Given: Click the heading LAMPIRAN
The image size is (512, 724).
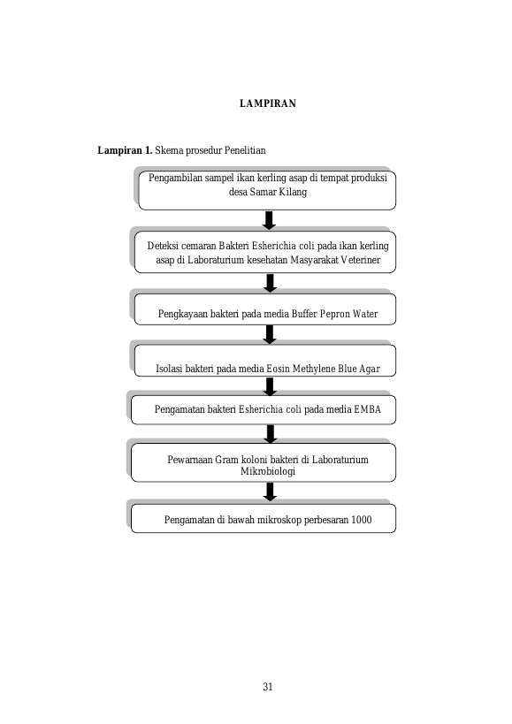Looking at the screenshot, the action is pyautogui.click(x=268, y=103).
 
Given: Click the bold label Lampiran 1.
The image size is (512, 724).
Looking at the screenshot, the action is pyautogui.click(x=125, y=150).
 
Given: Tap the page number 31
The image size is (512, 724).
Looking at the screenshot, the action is pyautogui.click(x=268, y=687).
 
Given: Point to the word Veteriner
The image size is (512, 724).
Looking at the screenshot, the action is pyautogui.click(x=361, y=260).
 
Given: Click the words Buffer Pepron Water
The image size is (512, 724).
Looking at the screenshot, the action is pyautogui.click(x=334, y=314).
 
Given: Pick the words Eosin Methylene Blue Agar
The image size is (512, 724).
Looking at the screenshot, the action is pyautogui.click(x=323, y=369).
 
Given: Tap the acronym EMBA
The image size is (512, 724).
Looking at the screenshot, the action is pyautogui.click(x=368, y=409).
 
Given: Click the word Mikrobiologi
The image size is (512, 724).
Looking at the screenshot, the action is pyautogui.click(x=268, y=471).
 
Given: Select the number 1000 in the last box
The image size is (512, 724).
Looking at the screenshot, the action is pyautogui.click(x=361, y=520).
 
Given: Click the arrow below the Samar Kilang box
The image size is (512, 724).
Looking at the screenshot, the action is pyautogui.click(x=269, y=220).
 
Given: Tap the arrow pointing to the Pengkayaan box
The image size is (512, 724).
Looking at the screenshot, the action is pyautogui.click(x=270, y=283).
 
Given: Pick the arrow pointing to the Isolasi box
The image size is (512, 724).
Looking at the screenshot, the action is pyautogui.click(x=270, y=334).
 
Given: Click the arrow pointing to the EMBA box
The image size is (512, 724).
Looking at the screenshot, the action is pyautogui.click(x=270, y=386).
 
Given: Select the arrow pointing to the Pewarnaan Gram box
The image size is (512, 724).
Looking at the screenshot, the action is pyautogui.click(x=271, y=434).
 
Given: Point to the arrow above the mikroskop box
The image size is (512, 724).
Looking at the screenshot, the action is pyautogui.click(x=270, y=492).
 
